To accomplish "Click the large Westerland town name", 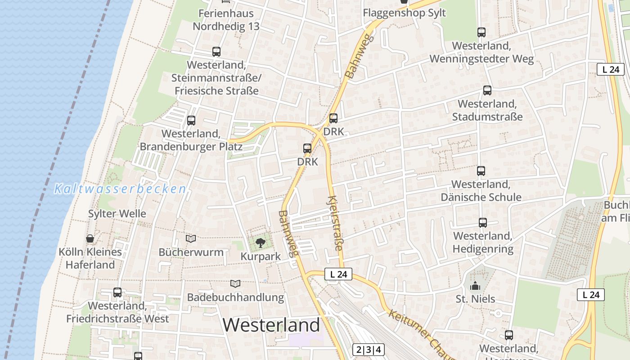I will [271, 324].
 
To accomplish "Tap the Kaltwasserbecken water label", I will [120, 189].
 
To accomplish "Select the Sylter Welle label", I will [117, 214].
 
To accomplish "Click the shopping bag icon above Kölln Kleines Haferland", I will [90, 238].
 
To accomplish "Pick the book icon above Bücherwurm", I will [191, 238].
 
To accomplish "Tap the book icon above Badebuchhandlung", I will [235, 283].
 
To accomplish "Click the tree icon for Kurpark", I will [260, 243].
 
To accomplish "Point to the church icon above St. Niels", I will [475, 286].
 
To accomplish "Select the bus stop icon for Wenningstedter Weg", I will [481, 32].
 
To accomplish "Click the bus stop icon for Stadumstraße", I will [487, 90].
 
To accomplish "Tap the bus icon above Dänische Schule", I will [481, 171].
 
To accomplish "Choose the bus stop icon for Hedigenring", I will [483, 223].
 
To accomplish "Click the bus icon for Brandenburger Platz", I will [191, 121].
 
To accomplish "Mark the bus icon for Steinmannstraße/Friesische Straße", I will [216, 52].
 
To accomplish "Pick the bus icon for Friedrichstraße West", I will [117, 292].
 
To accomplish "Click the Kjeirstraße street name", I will [335, 223].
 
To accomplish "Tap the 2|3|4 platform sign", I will [369, 350].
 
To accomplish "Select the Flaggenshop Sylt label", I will [400, 13].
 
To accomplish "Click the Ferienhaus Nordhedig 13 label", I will [226, 20].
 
